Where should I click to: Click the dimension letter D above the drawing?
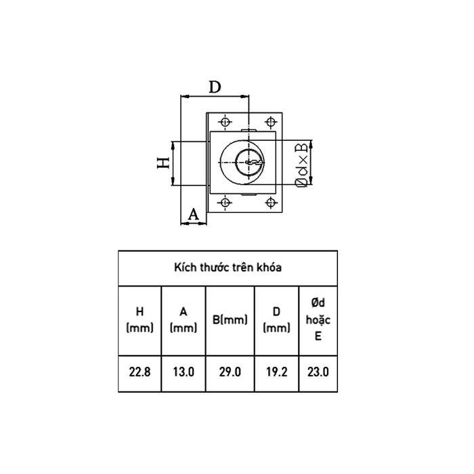tap(215, 87)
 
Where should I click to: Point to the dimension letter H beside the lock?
tap(163, 163)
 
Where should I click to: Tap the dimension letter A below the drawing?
tap(193, 215)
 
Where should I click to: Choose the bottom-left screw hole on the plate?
tap(225, 202)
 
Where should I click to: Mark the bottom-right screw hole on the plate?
tap(272, 202)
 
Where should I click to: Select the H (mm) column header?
tap(139, 320)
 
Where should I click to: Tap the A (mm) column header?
tap(183, 320)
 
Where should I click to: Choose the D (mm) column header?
tap(276, 320)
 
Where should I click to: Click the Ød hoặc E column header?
tap(317, 320)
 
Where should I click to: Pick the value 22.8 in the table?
tap(139, 372)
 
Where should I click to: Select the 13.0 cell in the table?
tap(183, 372)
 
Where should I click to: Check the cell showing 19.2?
tap(276, 372)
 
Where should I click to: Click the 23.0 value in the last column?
tap(317, 372)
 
